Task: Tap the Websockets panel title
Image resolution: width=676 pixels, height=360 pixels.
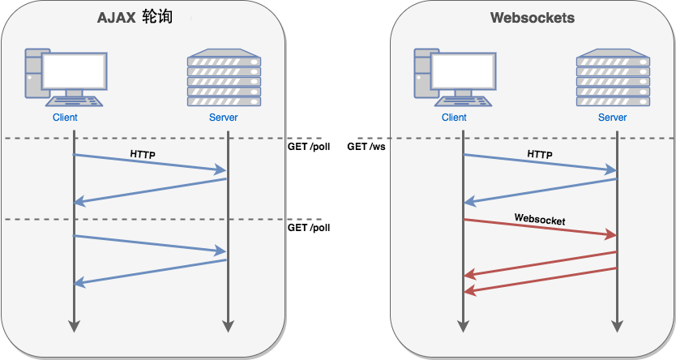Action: pyautogui.click(x=532, y=18)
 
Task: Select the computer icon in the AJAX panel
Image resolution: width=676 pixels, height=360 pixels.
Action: pyautogui.click(x=64, y=77)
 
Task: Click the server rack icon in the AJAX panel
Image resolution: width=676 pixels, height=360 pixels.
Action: pyautogui.click(x=224, y=79)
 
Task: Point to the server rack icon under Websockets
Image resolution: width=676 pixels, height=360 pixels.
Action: pyautogui.click(x=613, y=79)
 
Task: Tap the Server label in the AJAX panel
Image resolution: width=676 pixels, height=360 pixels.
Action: pyautogui.click(x=224, y=118)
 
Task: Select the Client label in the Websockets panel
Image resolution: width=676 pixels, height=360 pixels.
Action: pyautogui.click(x=454, y=118)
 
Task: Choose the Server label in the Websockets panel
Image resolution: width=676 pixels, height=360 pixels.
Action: pyautogui.click(x=613, y=118)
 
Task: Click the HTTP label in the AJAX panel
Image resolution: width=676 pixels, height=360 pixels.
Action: pyautogui.click(x=143, y=153)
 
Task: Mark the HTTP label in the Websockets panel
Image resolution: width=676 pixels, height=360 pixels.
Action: pyautogui.click(x=539, y=153)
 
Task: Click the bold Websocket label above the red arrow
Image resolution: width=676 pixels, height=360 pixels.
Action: pyautogui.click(x=539, y=219)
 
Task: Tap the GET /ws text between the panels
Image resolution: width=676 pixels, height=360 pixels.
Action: pyautogui.click(x=366, y=147)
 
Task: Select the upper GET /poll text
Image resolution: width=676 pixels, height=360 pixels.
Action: pyautogui.click(x=308, y=147)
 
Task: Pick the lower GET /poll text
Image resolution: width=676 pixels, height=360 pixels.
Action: pyautogui.click(x=308, y=228)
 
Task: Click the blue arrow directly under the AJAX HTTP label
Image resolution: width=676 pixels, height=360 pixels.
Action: pyautogui.click(x=150, y=162)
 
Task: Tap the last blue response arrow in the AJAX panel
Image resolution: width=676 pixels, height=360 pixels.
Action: pyautogui.click(x=150, y=272)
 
